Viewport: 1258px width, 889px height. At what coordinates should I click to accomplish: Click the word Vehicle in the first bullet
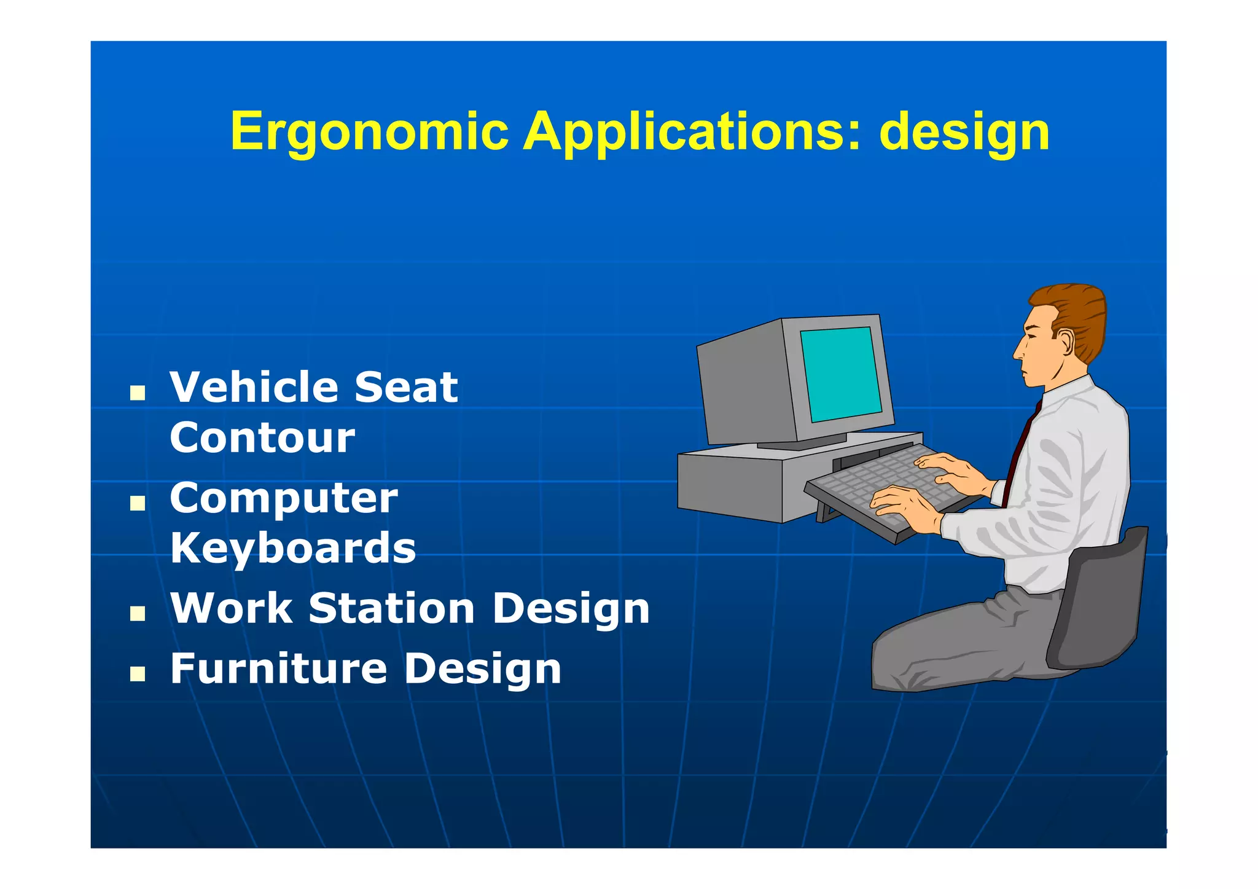[x=252, y=388]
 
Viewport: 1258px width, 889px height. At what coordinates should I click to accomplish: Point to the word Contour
[x=262, y=438]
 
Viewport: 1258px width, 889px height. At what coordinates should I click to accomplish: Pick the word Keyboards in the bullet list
[x=293, y=548]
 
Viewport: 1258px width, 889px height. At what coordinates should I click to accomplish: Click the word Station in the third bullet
[x=391, y=609]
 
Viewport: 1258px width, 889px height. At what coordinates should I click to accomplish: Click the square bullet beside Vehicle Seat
[x=137, y=393]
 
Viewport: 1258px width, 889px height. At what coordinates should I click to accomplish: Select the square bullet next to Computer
[x=137, y=503]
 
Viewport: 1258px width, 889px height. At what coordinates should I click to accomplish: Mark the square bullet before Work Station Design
[x=137, y=613]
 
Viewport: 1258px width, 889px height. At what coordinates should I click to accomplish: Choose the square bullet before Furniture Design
[x=137, y=674]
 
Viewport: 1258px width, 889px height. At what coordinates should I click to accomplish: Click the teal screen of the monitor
[x=840, y=374]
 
